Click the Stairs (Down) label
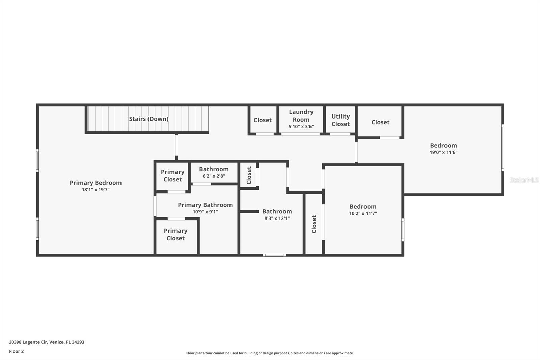point(148,119)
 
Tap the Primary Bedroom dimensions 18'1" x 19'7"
point(96,190)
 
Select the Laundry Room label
point(301,116)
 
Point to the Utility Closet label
point(341,120)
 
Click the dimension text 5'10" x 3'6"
point(301,126)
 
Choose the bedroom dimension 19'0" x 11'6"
point(443,152)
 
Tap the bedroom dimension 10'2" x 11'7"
point(363,213)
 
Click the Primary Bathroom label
point(205,205)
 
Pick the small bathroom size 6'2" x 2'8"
point(214,176)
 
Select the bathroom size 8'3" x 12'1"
point(277,218)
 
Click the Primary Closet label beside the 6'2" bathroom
point(172,175)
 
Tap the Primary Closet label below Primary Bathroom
point(175,234)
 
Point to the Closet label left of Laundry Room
point(263,120)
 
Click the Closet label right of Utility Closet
point(380,122)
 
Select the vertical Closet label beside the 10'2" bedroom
point(314,224)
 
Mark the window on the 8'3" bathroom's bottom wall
point(274,255)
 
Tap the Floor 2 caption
point(17,351)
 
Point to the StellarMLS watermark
point(524,180)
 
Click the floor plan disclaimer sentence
point(270,353)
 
